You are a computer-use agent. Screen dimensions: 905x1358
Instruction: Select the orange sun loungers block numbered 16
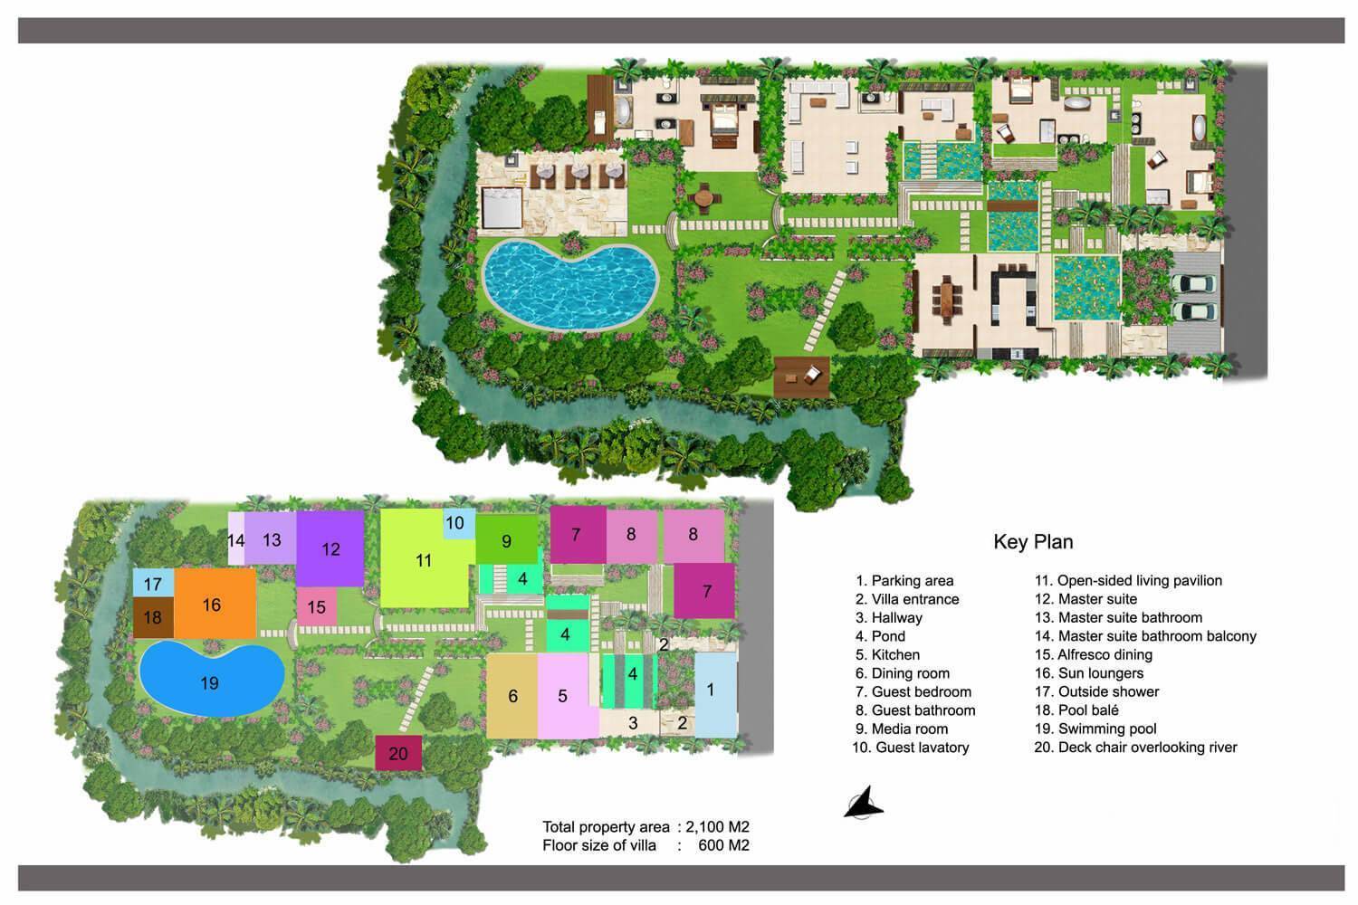click(x=214, y=605)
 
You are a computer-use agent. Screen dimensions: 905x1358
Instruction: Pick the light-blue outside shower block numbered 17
click(x=152, y=583)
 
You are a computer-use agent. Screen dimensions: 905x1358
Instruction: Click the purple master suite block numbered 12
click(x=330, y=548)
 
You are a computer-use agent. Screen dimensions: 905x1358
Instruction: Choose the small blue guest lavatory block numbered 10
click(x=455, y=524)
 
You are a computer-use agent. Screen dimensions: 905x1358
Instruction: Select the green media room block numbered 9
click(x=507, y=541)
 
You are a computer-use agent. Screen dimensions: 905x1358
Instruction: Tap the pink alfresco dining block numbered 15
click(x=317, y=606)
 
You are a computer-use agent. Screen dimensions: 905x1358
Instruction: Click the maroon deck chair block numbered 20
click(x=398, y=753)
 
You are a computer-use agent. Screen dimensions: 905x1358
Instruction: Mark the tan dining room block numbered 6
click(x=513, y=695)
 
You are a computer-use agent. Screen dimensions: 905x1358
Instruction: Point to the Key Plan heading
click(x=1033, y=542)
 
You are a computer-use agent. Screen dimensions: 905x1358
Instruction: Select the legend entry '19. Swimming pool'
click(x=1095, y=729)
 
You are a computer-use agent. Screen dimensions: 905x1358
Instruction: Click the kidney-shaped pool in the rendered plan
click(x=569, y=286)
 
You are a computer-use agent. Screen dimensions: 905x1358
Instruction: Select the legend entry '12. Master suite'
click(x=1085, y=599)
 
